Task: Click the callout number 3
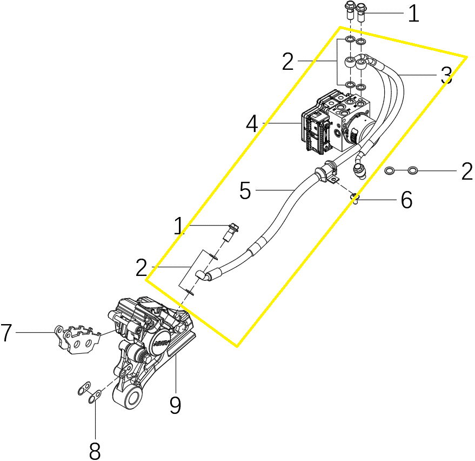446,75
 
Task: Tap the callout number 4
252,124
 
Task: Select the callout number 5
245,190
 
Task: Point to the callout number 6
406,200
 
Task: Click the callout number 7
6,332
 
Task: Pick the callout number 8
95,451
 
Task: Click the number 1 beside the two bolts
413,14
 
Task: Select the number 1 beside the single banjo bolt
179,226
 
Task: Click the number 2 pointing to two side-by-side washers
467,172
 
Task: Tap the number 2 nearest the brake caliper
142,267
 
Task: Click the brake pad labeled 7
77,339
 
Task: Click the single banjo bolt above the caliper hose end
232,232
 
